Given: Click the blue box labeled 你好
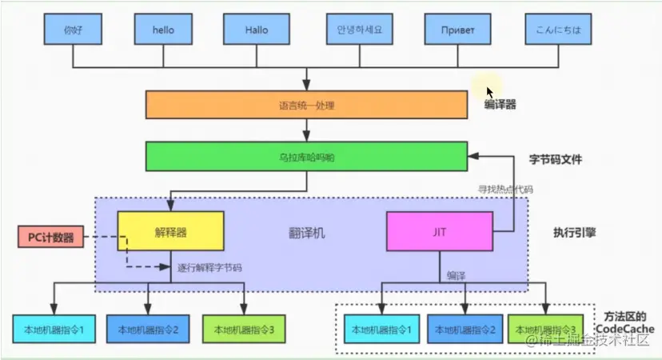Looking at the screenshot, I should coord(73,30).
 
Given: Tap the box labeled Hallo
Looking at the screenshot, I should coord(256,30).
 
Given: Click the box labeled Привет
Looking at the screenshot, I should coord(457,30).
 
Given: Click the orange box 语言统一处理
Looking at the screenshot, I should coord(306,105).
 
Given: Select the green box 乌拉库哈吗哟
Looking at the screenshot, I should coord(306,157).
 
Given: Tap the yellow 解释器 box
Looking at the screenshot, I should coord(170,233).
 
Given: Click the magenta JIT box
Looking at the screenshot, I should coord(438,233).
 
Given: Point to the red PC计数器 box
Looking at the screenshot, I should coord(50,237).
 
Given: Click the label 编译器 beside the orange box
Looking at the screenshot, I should coord(500,105).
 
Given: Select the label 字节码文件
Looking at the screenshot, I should coord(555,159).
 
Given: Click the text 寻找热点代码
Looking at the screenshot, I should coord(505,190).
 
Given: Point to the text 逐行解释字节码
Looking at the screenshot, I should coord(209,267).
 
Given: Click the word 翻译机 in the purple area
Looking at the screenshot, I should coord(307,233).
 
